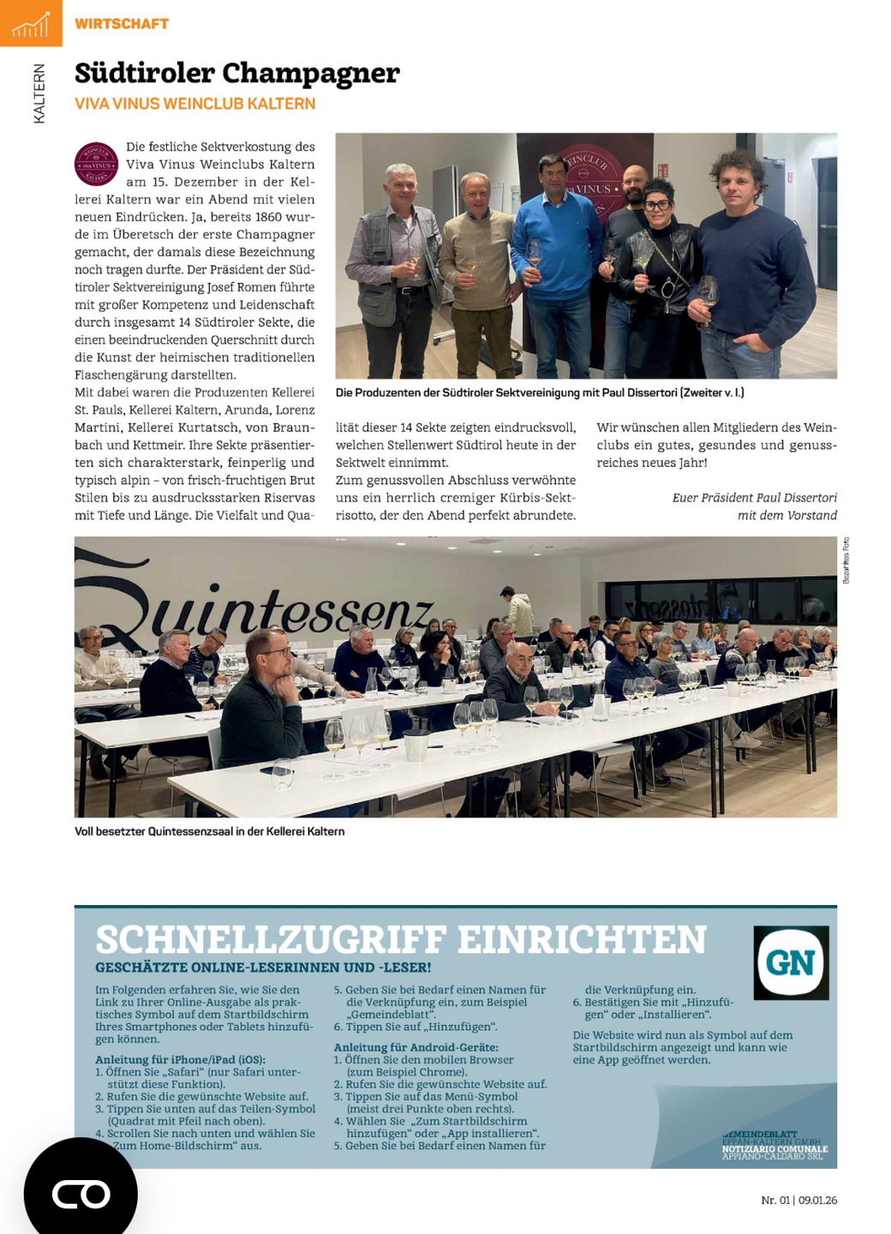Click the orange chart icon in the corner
coord(31,23)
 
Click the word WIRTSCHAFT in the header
coord(122,24)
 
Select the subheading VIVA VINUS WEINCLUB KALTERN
coord(194,104)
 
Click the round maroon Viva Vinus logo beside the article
coord(97,164)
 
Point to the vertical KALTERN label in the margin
coord(39,93)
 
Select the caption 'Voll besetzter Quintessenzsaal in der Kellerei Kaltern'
coord(209,831)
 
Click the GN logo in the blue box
coord(791,962)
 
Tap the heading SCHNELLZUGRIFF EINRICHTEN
coord(401,939)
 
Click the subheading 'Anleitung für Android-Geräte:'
coord(416,1047)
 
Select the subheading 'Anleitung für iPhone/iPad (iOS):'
coord(180,1059)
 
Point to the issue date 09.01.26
coord(817,1200)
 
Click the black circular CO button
coord(81,1193)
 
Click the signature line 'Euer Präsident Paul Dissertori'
coord(754,498)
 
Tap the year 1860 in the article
coord(268,217)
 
